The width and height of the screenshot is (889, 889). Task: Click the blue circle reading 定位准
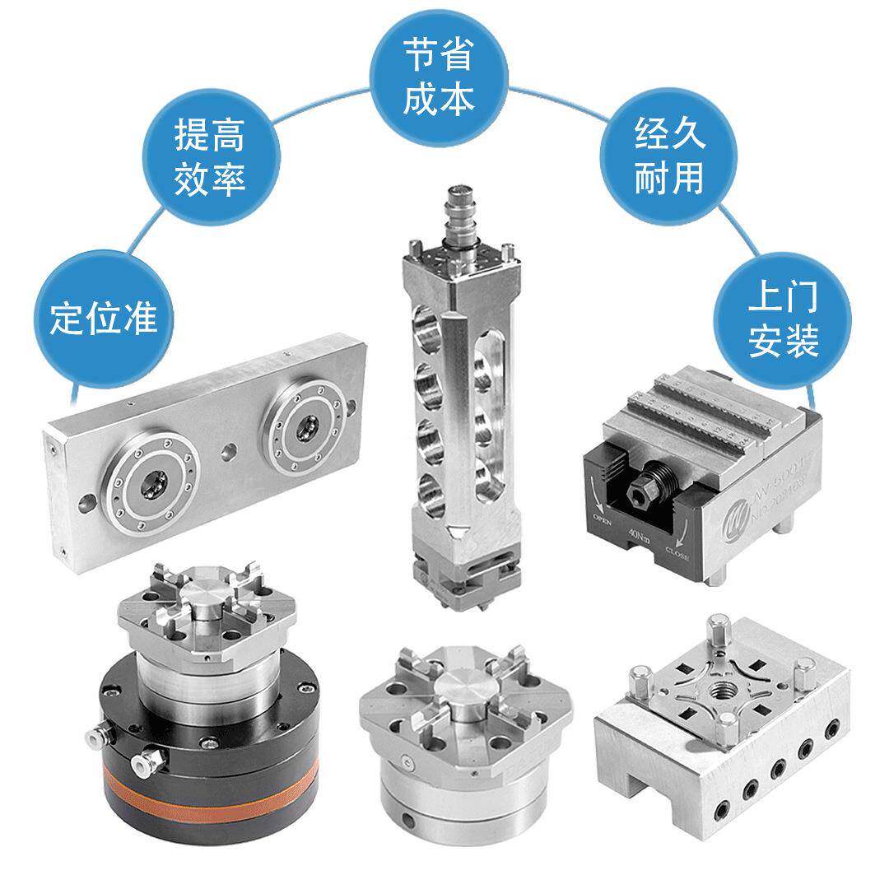pyautogui.click(x=103, y=317)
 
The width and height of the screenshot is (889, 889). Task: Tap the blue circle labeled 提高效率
pyautogui.click(x=210, y=156)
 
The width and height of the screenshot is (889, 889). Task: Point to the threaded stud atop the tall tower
pyautogui.click(x=456, y=216)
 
